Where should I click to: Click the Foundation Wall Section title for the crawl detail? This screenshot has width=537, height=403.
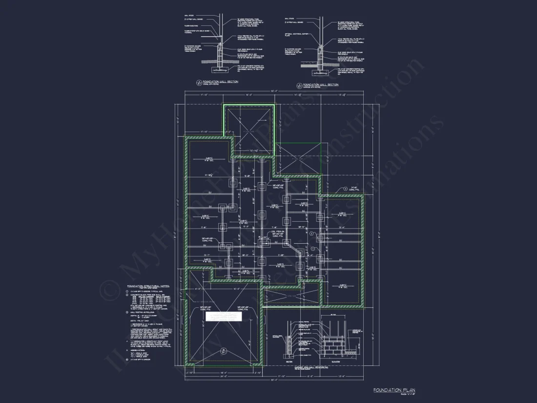tap(221, 82)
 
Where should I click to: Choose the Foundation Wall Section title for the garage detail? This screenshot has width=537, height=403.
tap(321, 85)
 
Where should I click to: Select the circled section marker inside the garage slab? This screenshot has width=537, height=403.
tap(224, 350)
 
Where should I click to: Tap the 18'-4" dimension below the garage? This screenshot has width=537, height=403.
tap(223, 372)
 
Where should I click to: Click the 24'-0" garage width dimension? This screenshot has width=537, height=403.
tap(223, 377)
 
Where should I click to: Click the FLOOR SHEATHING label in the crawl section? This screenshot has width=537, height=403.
tap(191, 26)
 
